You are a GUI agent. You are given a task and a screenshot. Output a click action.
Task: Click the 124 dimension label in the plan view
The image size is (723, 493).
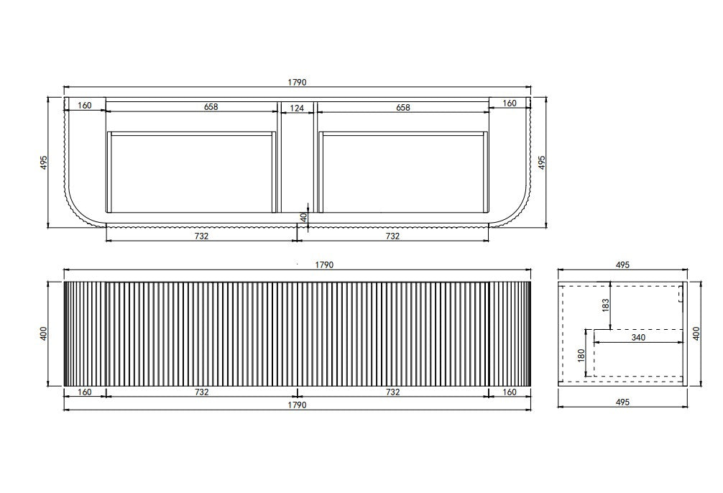pos(297,108)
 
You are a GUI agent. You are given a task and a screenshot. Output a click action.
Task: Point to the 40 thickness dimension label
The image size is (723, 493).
pos(303,217)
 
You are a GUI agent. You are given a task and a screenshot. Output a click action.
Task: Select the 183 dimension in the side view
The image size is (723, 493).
pos(605,305)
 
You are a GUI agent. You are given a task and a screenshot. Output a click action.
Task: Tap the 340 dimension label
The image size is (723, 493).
pos(637,337)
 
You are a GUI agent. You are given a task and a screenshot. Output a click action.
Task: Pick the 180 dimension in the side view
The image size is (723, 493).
pos(581,356)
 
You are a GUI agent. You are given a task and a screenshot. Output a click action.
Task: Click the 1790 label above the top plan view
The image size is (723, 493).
pos(297,83)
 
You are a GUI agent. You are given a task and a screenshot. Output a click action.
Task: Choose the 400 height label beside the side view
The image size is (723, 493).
pos(696,333)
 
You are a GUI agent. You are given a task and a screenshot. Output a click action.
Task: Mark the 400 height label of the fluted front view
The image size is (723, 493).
pos(43,333)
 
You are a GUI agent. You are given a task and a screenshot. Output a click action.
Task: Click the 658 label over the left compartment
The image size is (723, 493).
pos(211,106)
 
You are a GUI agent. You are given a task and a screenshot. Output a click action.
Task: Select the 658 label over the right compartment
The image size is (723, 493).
pos(402,108)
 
